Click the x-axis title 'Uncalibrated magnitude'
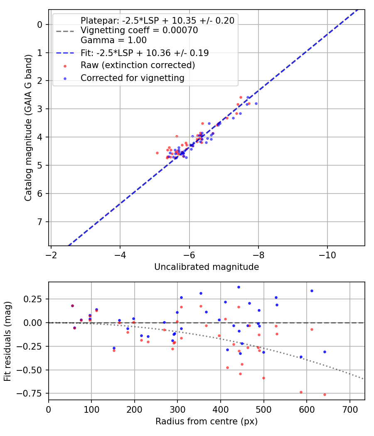click(x=207, y=267)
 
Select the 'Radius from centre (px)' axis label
click(x=207, y=421)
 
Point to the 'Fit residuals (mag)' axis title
click(x=8, y=341)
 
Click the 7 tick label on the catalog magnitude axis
click(x=40, y=222)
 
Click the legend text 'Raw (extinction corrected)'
click(x=138, y=65)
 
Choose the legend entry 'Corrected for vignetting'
click(x=132, y=78)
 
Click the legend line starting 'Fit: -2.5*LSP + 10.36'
click(x=145, y=53)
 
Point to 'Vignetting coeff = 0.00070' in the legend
click(x=139, y=30)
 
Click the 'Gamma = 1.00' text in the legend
click(x=113, y=41)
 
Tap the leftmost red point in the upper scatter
click(x=157, y=153)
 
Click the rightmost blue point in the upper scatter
click(x=256, y=103)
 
